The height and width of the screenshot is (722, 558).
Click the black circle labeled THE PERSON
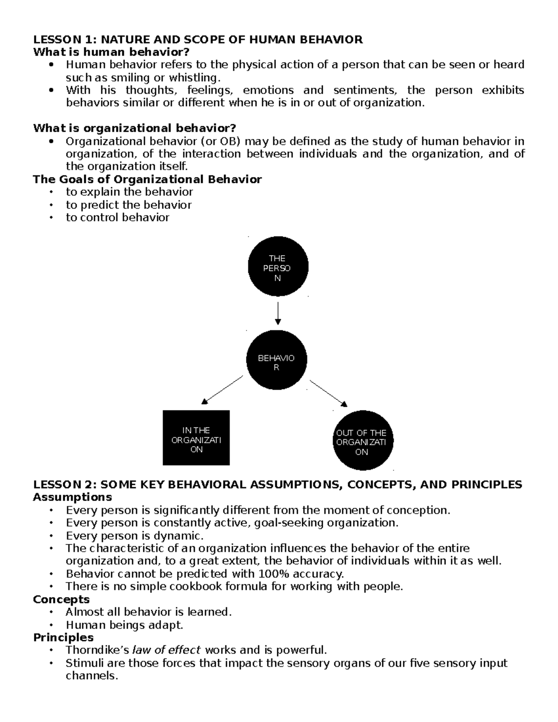tap(278, 268)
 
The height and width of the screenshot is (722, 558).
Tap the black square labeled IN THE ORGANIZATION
tap(196, 437)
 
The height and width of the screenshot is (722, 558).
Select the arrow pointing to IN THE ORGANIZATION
tap(222, 389)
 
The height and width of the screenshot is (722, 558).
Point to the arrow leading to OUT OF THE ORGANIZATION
tap(329, 393)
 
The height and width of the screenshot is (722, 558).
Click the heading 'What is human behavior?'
tap(112, 52)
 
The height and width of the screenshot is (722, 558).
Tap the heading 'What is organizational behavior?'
tap(134, 128)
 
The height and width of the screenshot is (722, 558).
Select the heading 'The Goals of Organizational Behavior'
tap(147, 179)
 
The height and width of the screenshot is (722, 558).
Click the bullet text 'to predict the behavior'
tap(128, 205)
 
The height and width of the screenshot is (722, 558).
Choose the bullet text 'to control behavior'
tap(117, 217)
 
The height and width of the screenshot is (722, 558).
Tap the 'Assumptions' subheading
tap(72, 497)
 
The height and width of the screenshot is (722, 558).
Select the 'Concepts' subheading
tap(61, 599)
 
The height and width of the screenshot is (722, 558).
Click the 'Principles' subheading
tap(63, 637)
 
